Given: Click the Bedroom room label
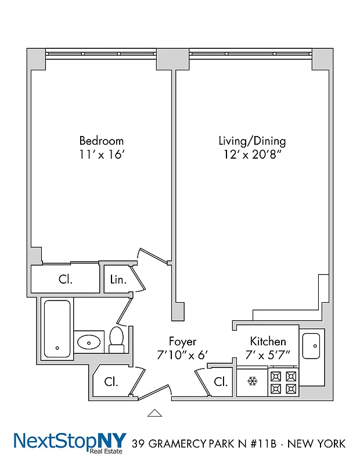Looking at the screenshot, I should click(101, 141).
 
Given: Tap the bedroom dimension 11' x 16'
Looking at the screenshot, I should click(101, 156).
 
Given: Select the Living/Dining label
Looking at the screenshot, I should click(252, 141).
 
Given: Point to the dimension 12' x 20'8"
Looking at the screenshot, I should click(252, 156).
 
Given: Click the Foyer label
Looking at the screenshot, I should click(182, 341).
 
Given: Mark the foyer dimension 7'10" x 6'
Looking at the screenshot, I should click(182, 355).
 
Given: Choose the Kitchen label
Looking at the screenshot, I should click(268, 341).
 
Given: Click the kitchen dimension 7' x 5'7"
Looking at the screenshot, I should click(268, 355).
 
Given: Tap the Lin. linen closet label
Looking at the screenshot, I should click(118, 280).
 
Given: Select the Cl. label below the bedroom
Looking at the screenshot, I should click(66, 279).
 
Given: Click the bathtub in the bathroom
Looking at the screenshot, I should click(57, 328).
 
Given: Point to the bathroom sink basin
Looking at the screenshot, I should click(89, 342).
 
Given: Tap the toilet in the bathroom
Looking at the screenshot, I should click(117, 339).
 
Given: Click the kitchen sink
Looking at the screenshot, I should click(312, 346).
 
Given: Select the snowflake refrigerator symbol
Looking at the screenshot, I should click(252, 382).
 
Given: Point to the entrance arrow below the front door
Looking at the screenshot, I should click(154, 413).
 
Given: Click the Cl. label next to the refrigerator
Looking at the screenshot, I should click(220, 382).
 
